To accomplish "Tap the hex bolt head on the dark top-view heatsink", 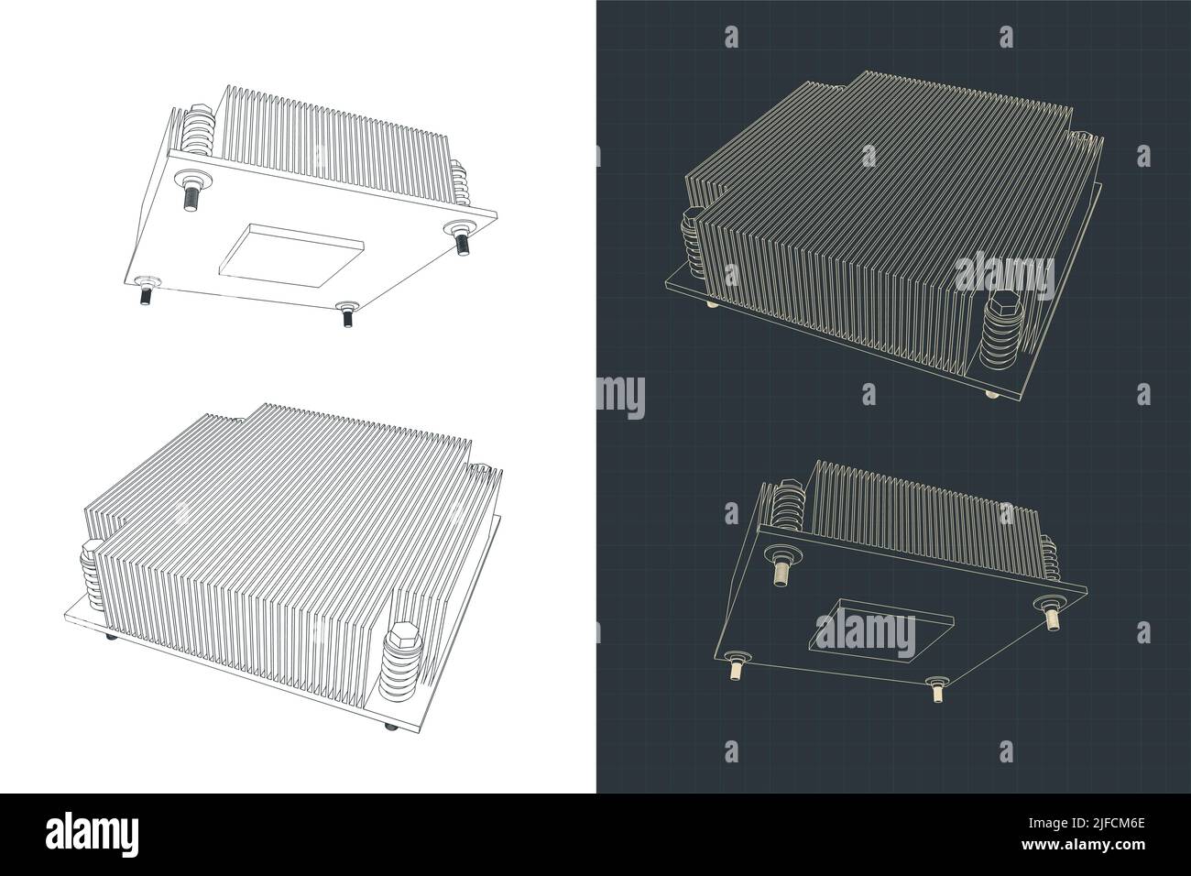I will [x=995, y=307].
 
